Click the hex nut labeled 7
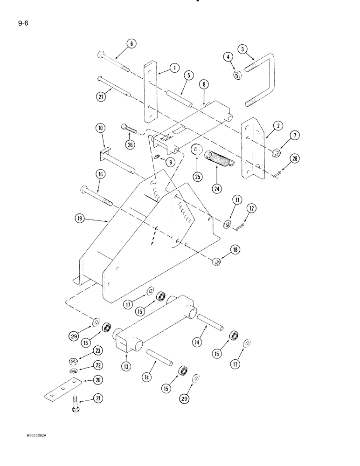(276, 152)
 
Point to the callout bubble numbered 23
(97, 350)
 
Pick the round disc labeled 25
(196, 151)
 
